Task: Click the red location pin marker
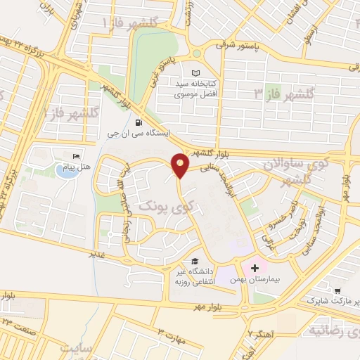(181, 165)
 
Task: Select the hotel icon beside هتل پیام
(76, 156)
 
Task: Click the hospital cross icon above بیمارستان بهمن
(255, 268)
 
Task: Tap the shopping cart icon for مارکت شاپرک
(338, 290)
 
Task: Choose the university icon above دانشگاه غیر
(194, 261)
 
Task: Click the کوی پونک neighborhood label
(165, 207)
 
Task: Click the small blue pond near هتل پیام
(64, 171)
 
